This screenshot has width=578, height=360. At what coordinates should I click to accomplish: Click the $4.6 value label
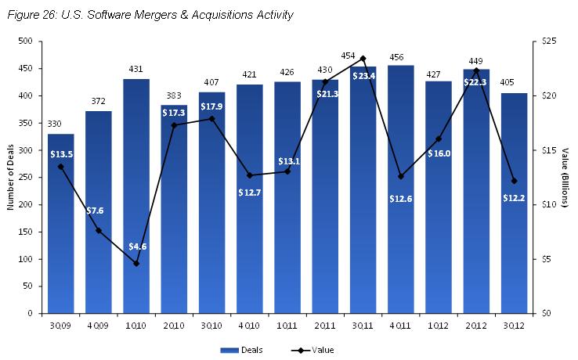(x=136, y=247)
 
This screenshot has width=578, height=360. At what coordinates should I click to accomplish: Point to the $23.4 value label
(x=363, y=75)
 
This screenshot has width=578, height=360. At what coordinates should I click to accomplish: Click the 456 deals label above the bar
(x=400, y=57)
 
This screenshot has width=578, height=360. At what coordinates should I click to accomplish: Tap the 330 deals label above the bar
(x=61, y=125)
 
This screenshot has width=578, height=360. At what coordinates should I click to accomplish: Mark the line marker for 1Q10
(x=136, y=264)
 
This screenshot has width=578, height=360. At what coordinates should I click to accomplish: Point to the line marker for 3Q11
(x=363, y=59)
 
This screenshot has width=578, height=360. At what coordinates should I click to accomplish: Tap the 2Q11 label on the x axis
(x=325, y=325)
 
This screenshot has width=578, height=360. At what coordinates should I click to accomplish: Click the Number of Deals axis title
(x=11, y=178)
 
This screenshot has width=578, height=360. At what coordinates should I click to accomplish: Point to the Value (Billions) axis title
(x=569, y=178)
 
